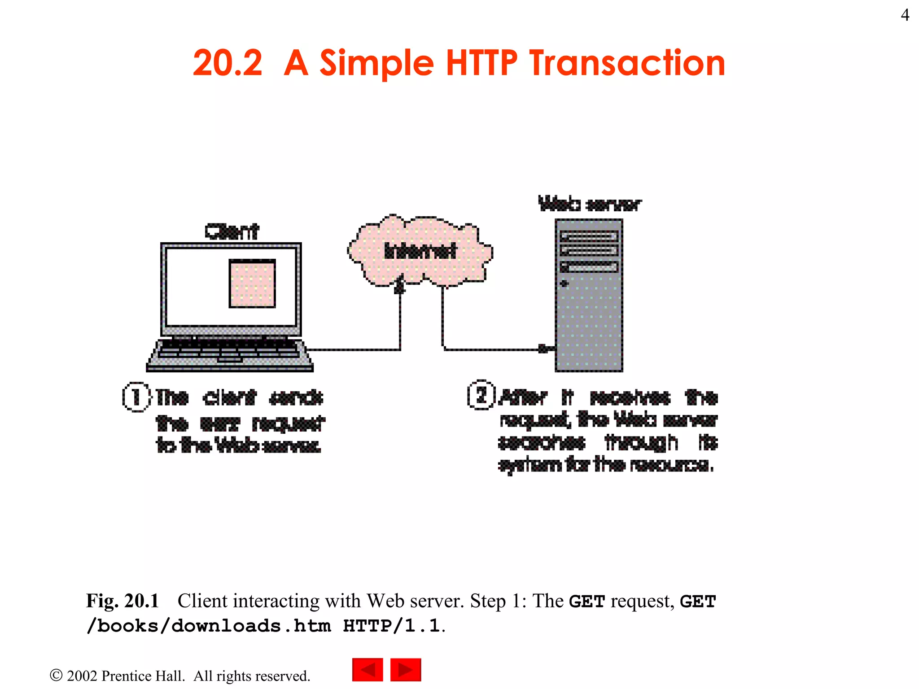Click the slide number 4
(x=905, y=15)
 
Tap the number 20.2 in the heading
(x=228, y=63)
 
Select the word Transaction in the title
(x=627, y=63)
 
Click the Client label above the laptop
(x=232, y=231)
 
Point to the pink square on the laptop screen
(x=252, y=283)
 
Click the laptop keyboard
(x=230, y=349)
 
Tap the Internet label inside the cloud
(x=420, y=251)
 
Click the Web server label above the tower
(x=590, y=204)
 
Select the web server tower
(x=589, y=314)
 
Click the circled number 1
(x=136, y=397)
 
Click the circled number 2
(x=481, y=395)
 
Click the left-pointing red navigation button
(x=368, y=670)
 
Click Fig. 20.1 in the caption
(x=123, y=601)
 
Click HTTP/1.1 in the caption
(x=391, y=626)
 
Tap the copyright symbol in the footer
(x=56, y=675)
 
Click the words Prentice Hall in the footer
(x=143, y=676)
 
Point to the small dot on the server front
(x=565, y=283)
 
